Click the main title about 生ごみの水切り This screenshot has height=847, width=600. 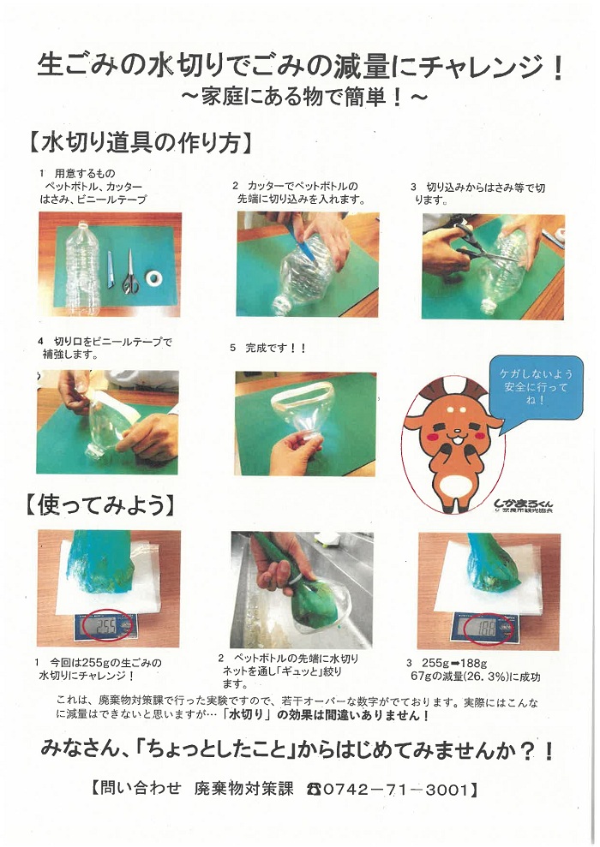[x=300, y=66]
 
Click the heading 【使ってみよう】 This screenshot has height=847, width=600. [x=101, y=505]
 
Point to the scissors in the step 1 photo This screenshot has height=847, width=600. [x=129, y=272]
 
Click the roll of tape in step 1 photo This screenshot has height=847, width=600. [x=155, y=278]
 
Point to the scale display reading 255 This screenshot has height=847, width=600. [x=106, y=626]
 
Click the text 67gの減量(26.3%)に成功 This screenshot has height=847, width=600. [x=474, y=677]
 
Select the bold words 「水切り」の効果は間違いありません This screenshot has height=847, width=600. [x=326, y=715]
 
